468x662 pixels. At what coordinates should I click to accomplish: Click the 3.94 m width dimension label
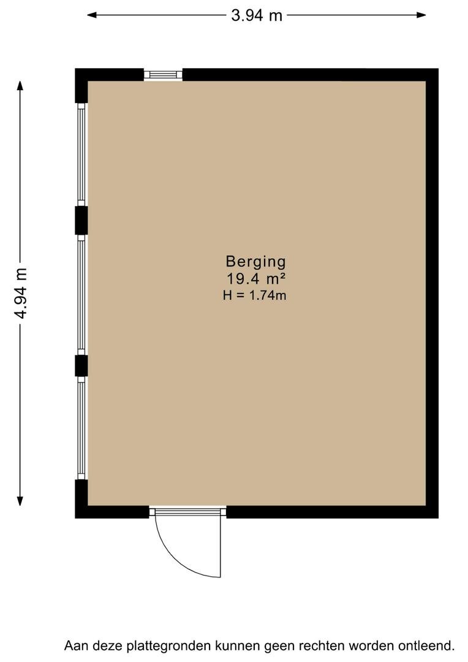(x=257, y=15)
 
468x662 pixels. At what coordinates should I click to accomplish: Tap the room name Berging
(x=255, y=262)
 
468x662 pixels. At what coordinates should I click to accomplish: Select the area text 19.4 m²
(x=256, y=279)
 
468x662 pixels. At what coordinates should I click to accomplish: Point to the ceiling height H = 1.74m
(x=255, y=295)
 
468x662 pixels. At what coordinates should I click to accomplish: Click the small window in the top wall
(x=163, y=75)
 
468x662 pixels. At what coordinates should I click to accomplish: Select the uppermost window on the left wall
(x=81, y=154)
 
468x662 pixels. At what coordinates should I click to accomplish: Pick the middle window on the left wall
(x=81, y=295)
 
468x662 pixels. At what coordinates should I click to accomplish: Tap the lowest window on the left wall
(x=81, y=428)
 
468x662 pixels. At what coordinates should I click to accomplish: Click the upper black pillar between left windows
(x=81, y=221)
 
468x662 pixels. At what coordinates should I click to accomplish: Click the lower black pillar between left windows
(x=81, y=365)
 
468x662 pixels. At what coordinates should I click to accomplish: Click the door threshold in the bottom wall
(x=188, y=512)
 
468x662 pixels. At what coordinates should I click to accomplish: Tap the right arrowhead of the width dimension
(x=420, y=15)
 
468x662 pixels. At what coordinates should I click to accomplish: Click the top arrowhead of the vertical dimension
(x=20, y=86)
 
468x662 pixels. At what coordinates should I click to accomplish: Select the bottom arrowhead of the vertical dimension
(x=20, y=500)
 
